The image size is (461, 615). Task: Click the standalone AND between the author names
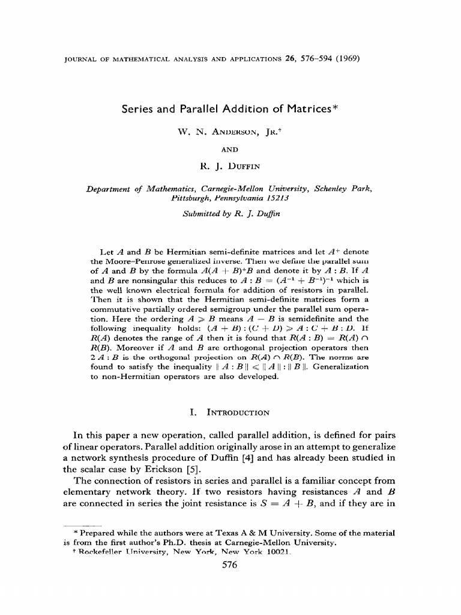(x=230, y=144)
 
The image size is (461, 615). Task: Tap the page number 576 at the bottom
(x=230, y=565)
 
